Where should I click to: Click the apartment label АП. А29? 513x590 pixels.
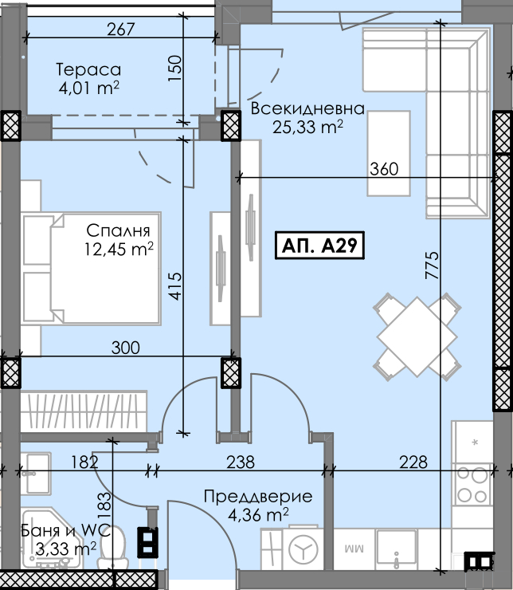click(319, 246)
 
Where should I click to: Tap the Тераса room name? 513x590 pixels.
click(88, 69)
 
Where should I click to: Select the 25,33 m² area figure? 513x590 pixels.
click(307, 128)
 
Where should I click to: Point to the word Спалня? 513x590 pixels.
click(118, 230)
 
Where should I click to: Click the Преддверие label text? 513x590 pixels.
click(258, 497)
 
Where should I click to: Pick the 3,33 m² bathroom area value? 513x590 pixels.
click(66, 549)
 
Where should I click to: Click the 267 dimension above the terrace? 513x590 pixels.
click(120, 29)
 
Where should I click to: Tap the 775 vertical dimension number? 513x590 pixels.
click(433, 265)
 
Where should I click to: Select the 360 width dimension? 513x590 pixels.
click(384, 169)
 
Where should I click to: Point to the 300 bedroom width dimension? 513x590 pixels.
click(126, 348)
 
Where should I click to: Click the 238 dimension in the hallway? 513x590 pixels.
click(241, 462)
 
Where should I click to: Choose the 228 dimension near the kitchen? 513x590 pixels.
click(413, 462)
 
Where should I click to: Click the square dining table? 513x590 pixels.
click(417, 336)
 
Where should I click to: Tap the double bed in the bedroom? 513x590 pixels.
click(92, 269)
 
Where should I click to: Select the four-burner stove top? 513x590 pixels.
click(473, 485)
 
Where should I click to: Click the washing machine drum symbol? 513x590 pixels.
click(303, 549)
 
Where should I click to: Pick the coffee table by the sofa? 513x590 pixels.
click(389, 154)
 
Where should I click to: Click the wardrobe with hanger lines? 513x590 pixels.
click(84, 411)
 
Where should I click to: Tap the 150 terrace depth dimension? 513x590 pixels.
click(175, 68)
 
